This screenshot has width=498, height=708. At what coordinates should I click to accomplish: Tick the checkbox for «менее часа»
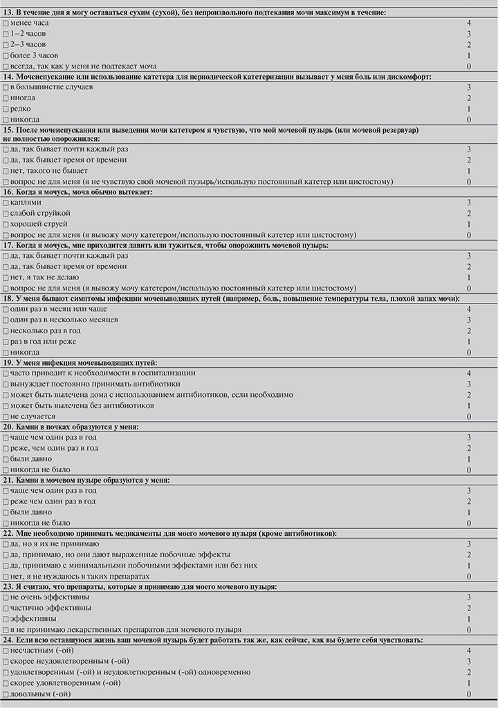(x=6, y=23)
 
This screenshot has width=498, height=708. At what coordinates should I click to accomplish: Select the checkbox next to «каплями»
(x=6, y=203)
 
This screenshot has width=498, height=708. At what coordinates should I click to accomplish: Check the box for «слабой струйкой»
(x=6, y=214)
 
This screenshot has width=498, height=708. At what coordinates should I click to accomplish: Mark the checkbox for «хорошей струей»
(x=6, y=224)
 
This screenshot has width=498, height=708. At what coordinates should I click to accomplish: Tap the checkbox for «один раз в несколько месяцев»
(x=6, y=320)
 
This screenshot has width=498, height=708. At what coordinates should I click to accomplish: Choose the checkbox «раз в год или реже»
(x=6, y=342)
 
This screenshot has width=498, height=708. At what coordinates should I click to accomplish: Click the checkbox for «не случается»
(x=6, y=416)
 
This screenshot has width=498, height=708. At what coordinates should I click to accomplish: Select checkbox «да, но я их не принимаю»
(x=6, y=544)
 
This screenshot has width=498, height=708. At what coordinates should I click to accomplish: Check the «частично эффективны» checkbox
(x=6, y=608)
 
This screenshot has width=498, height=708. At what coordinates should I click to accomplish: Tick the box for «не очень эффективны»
(x=6, y=597)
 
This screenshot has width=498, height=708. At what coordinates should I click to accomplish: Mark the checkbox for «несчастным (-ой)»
(x=6, y=651)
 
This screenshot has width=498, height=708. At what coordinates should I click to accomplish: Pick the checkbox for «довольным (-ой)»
(x=6, y=693)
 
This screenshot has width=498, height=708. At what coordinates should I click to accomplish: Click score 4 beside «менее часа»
(x=469, y=23)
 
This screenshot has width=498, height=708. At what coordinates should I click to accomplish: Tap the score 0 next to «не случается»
(x=469, y=416)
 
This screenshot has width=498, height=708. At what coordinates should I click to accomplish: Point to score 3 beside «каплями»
(x=469, y=203)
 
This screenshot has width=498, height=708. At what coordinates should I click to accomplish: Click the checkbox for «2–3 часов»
(x=6, y=44)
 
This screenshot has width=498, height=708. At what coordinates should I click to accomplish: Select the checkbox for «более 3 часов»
(x=6, y=55)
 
